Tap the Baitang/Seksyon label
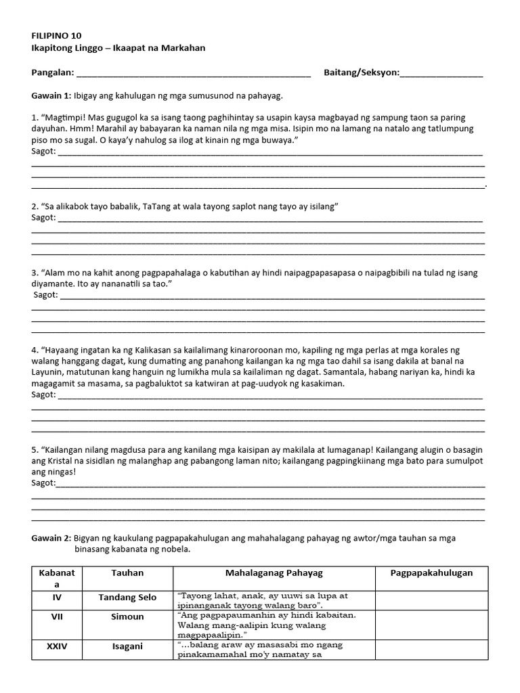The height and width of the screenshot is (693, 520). (x=362, y=72)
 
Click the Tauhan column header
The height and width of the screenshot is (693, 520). (x=127, y=573)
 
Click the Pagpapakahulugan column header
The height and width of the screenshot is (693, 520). (x=431, y=573)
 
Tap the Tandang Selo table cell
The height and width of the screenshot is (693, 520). (x=127, y=598)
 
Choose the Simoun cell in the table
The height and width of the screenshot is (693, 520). (x=127, y=617)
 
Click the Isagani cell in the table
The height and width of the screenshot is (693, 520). (x=127, y=646)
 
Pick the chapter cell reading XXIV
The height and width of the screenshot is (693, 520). (x=57, y=646)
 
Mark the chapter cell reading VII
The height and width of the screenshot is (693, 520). (x=57, y=617)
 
